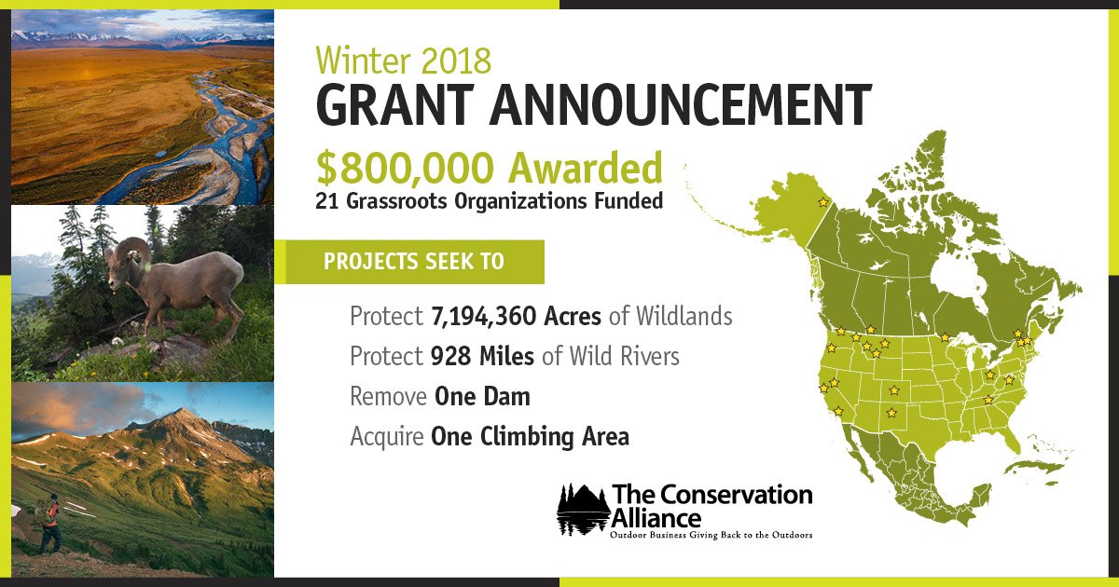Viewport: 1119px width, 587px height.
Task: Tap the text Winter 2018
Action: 403,61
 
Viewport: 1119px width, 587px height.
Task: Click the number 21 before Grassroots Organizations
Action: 325,200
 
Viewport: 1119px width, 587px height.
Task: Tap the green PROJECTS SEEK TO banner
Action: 414,262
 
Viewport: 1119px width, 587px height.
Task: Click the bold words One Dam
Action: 481,396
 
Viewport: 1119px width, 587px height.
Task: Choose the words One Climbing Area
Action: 529,436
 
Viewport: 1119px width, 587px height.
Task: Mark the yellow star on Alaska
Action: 822,202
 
